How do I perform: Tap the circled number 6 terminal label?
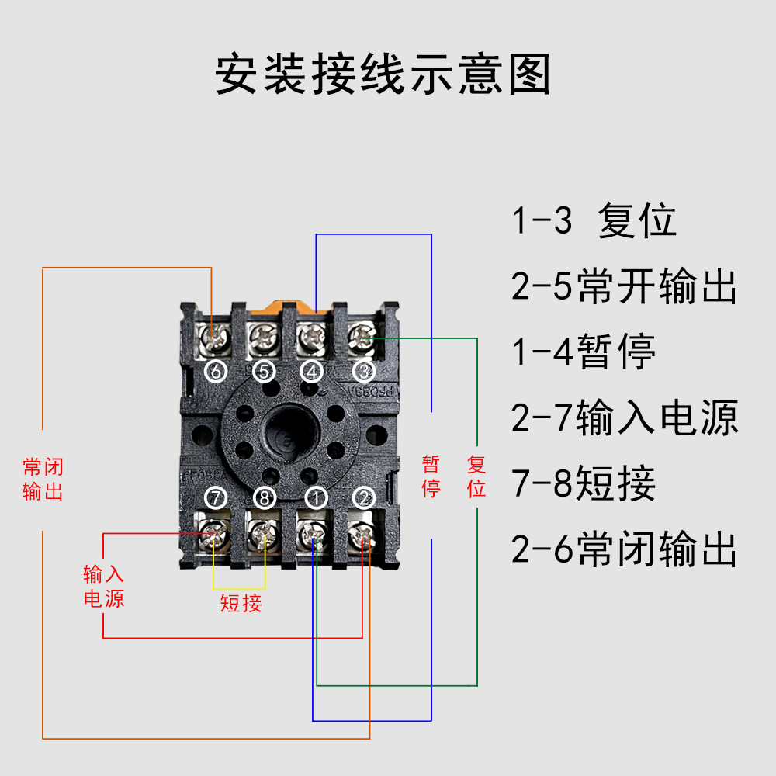tap(216, 372)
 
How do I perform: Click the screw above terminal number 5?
tap(264, 338)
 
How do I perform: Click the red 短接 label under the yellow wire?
tap(241, 603)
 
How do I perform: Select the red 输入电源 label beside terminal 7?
tap(103, 587)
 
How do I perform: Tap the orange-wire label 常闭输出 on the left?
tap(43, 479)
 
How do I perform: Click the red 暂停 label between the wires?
tap(431, 476)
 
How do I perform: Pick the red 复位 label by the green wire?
tap(476, 476)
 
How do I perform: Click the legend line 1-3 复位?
tap(594, 221)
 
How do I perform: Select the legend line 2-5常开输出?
tap(624, 287)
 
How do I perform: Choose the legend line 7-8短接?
tap(584, 484)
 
